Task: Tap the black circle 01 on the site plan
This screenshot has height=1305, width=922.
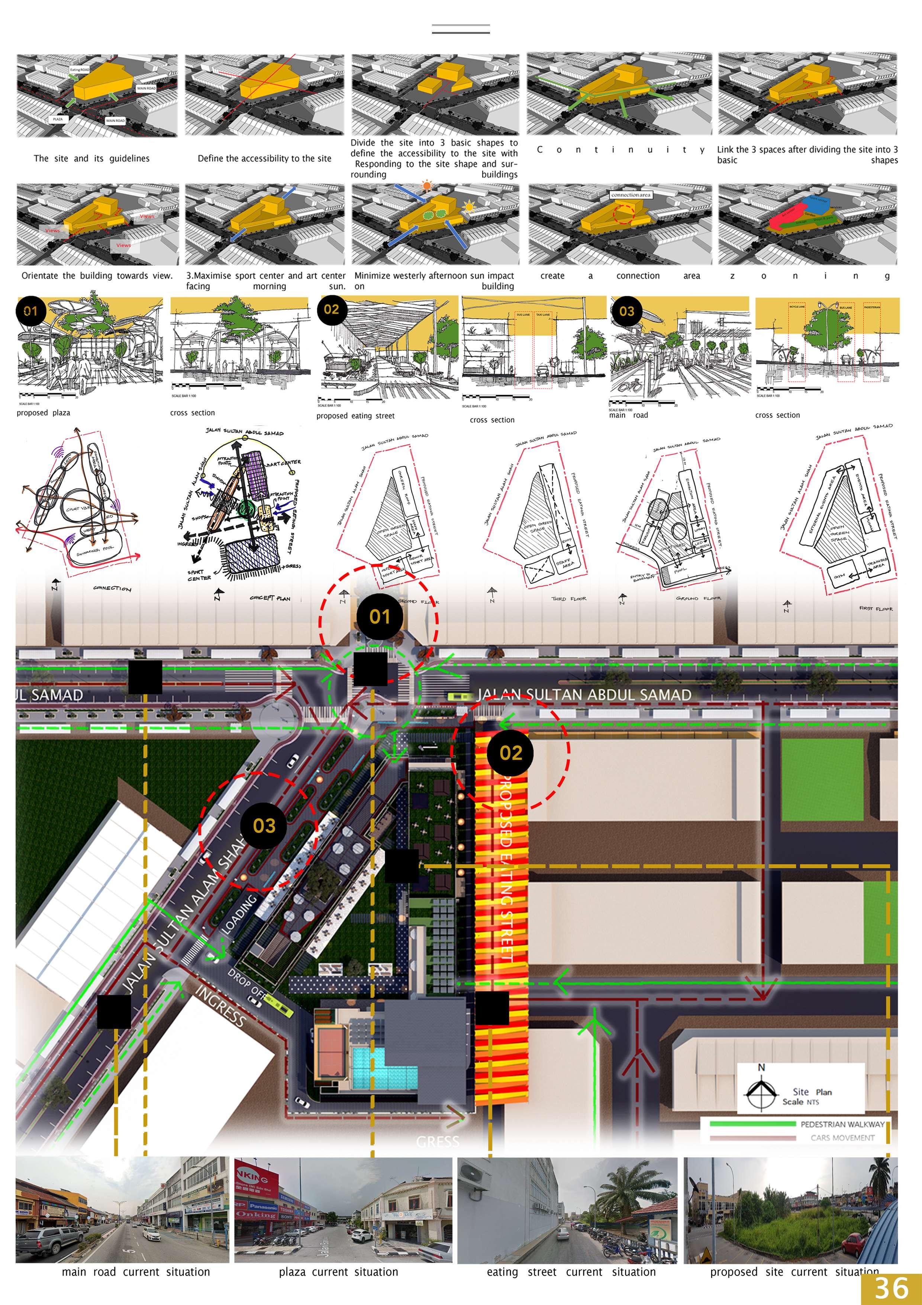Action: tap(380, 617)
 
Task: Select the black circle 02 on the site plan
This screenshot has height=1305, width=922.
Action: tap(510, 753)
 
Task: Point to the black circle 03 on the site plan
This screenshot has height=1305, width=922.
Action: tap(264, 826)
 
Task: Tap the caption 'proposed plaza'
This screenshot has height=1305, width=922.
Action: tap(44, 413)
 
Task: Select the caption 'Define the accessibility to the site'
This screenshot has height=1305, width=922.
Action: tap(264, 158)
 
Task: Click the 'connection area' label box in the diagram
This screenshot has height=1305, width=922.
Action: tap(631, 195)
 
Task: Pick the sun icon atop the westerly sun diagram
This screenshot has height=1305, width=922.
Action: tap(427, 185)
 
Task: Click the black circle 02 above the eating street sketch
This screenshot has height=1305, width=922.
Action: tap(332, 310)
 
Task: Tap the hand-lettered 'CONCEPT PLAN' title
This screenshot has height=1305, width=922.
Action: tap(270, 598)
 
